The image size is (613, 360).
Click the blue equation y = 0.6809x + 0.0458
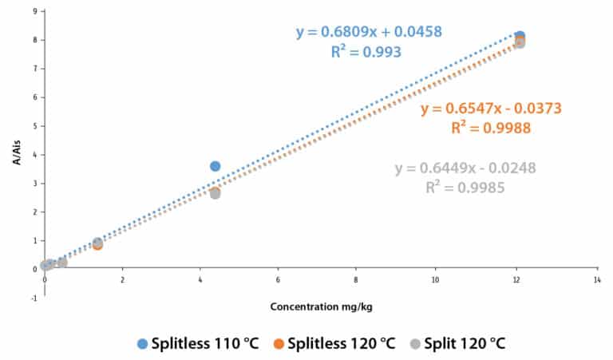coord(369,33)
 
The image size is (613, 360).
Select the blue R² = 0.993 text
coord(366,52)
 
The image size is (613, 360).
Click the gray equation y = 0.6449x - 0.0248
coord(465,168)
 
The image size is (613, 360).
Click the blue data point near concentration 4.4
coord(215,166)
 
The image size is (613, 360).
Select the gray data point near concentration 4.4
coord(215,193)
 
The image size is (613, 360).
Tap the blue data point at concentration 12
coord(520,36)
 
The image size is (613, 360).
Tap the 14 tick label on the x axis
coord(596,280)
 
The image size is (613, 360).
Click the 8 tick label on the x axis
coord(356,280)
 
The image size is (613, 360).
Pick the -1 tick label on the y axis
coord(34,298)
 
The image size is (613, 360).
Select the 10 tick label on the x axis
coord(436,280)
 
